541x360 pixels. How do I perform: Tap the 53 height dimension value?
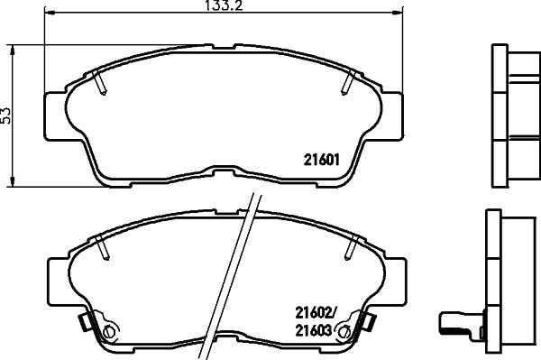(6, 115)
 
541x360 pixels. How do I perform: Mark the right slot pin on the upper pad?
(347, 84)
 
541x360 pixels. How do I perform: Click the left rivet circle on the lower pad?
(110, 332)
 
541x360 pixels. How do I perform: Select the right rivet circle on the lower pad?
(344, 332)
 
